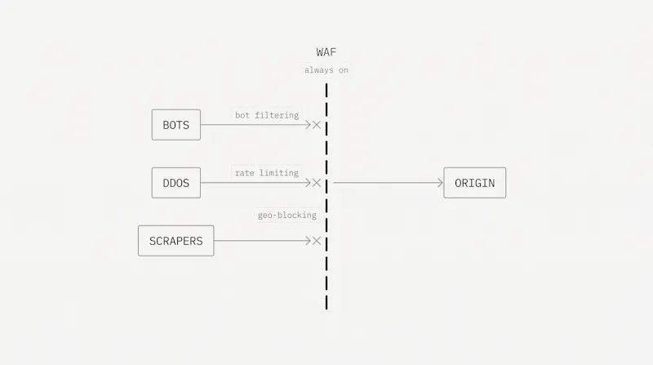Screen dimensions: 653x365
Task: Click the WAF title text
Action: click(326, 52)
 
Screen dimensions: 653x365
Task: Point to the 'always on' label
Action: click(326, 70)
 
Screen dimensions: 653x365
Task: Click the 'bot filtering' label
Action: click(267, 115)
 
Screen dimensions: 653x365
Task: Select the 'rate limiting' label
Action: click(267, 173)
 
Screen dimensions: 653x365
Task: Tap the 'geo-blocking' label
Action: click(287, 215)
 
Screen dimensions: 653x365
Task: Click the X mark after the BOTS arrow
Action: click(317, 125)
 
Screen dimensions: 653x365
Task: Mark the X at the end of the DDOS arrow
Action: click(317, 183)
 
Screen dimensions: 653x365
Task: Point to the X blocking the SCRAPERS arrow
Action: click(317, 241)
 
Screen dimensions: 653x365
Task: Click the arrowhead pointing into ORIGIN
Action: click(440, 183)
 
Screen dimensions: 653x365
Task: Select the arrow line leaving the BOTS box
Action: click(255, 125)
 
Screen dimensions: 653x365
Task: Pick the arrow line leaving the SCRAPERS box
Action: click(262, 241)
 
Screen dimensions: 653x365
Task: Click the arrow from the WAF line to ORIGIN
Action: click(389, 183)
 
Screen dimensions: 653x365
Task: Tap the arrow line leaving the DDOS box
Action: click(255, 183)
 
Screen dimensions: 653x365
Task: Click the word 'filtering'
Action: click(277, 115)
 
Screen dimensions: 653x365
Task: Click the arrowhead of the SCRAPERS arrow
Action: click(309, 241)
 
